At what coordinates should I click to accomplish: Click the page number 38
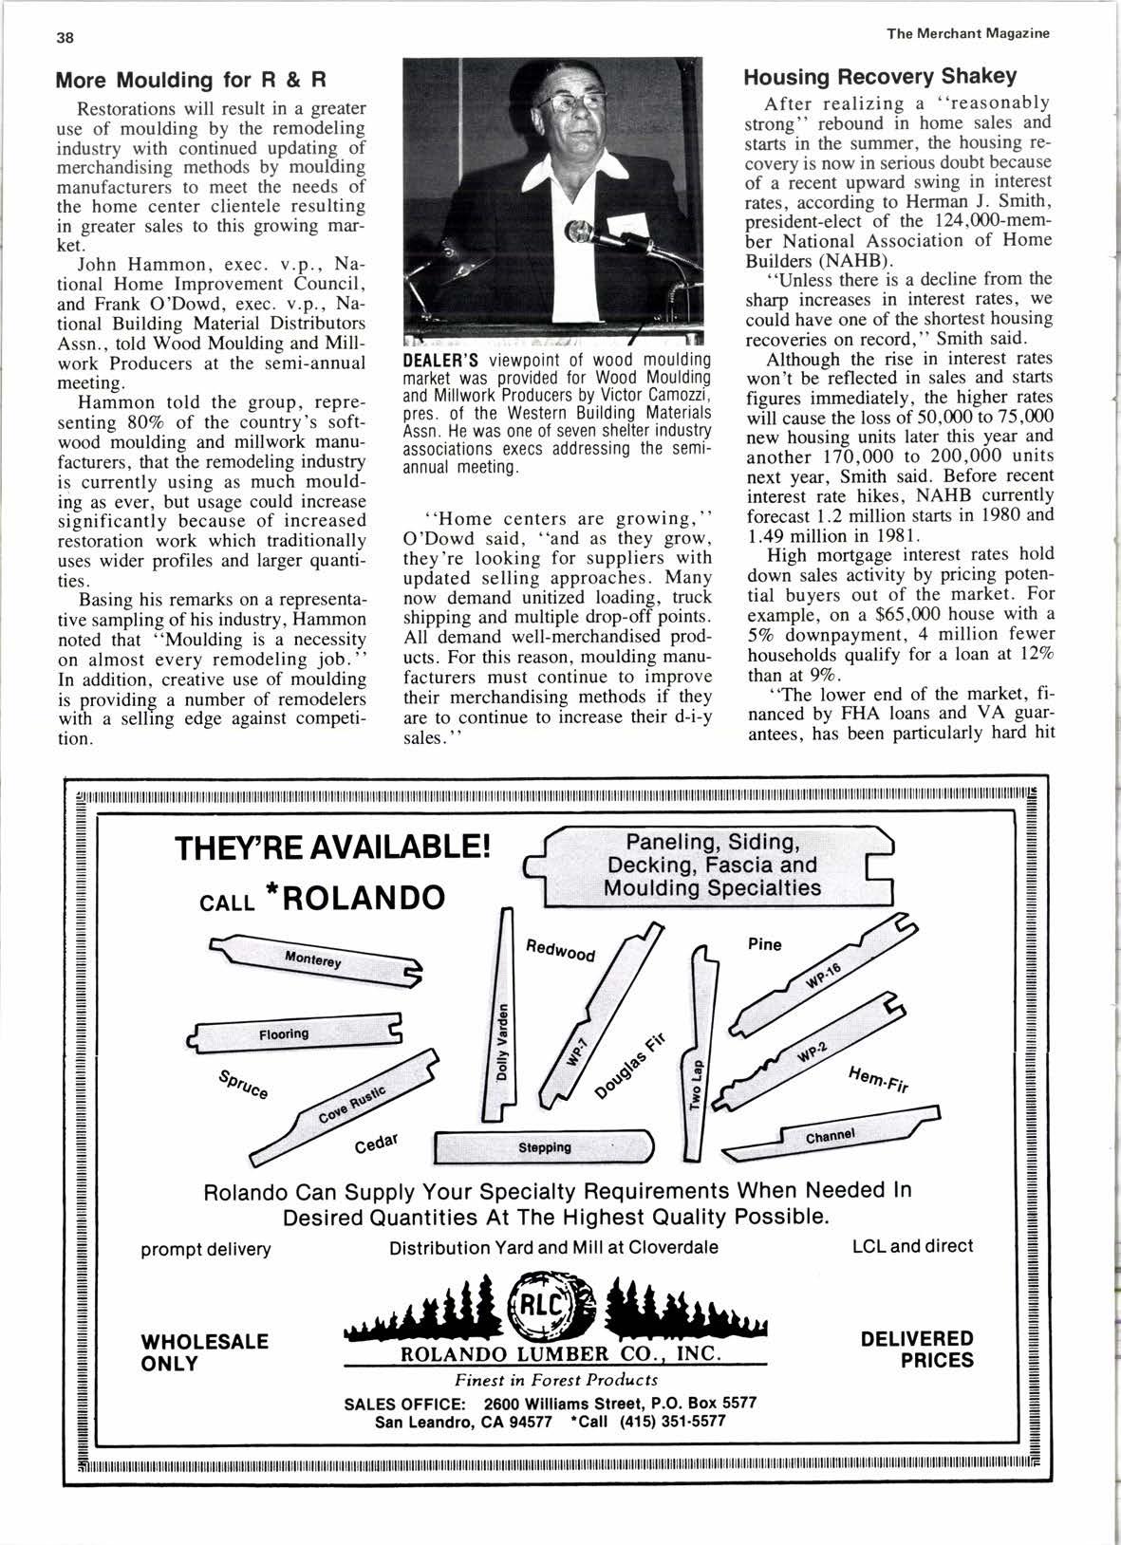coord(65,37)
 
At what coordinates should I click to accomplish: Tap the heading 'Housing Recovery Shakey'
coord(880,77)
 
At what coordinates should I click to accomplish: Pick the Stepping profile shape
coord(545,1146)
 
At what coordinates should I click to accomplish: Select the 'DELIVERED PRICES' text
coord(917,1349)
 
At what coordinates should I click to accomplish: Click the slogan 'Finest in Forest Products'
coord(556,1381)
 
